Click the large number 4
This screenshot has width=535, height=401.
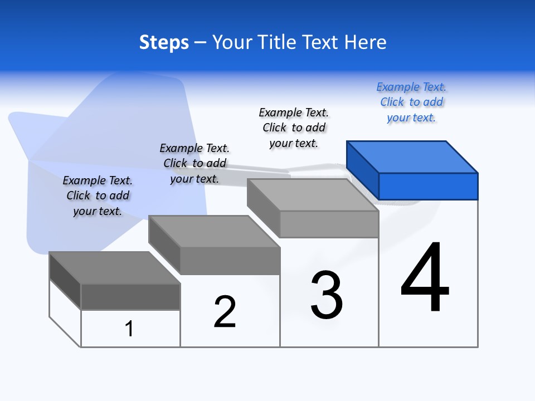tap(425, 278)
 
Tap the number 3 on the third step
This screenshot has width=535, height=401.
tap(327, 295)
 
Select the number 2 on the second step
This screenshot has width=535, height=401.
tap(225, 311)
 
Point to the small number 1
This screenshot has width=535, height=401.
tap(129, 329)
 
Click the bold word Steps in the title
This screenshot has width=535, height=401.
tap(164, 42)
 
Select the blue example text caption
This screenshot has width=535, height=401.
tap(411, 102)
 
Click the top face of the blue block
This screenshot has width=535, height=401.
tap(412, 157)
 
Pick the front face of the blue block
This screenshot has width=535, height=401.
tap(428, 186)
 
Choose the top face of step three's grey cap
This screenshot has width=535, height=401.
tap(312, 195)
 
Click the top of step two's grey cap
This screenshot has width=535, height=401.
tap(214, 231)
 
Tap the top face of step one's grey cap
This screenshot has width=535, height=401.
tap(115, 267)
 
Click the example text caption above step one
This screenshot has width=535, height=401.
tap(98, 195)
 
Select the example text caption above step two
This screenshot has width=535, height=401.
tap(194, 163)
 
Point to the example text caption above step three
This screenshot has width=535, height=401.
tap(294, 128)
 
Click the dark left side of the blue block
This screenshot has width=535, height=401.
tap(363, 170)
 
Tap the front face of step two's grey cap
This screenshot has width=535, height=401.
tap(230, 261)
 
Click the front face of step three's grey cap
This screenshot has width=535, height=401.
tap(329, 224)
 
